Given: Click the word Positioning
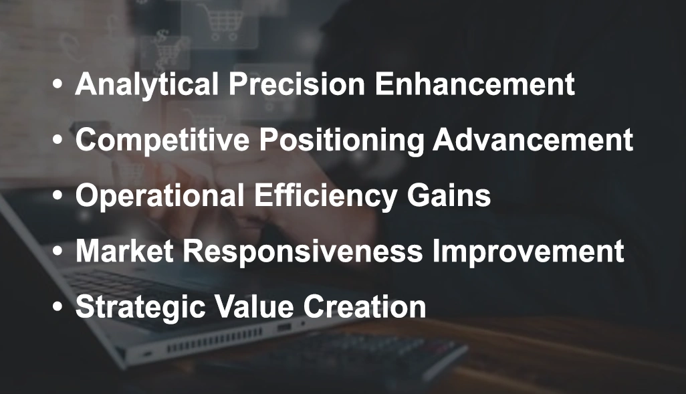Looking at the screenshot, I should coord(341,140).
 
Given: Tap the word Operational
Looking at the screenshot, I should coord(160,196).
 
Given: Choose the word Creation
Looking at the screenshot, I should coord(364,307).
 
